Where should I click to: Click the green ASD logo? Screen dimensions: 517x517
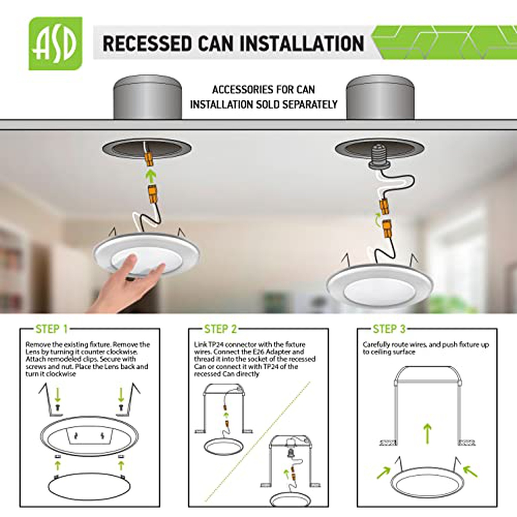point(56,44)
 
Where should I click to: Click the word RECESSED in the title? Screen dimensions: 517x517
point(146,44)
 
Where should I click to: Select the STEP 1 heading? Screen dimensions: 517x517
point(52,329)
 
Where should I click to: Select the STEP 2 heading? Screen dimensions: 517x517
point(221,329)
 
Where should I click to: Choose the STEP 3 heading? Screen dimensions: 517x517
point(389,329)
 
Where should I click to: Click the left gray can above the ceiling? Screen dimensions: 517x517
point(147,97)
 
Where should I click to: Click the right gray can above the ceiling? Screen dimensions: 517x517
point(380,97)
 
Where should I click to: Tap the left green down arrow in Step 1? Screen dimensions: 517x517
point(57,395)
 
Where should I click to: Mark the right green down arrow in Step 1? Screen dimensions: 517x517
point(121,395)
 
